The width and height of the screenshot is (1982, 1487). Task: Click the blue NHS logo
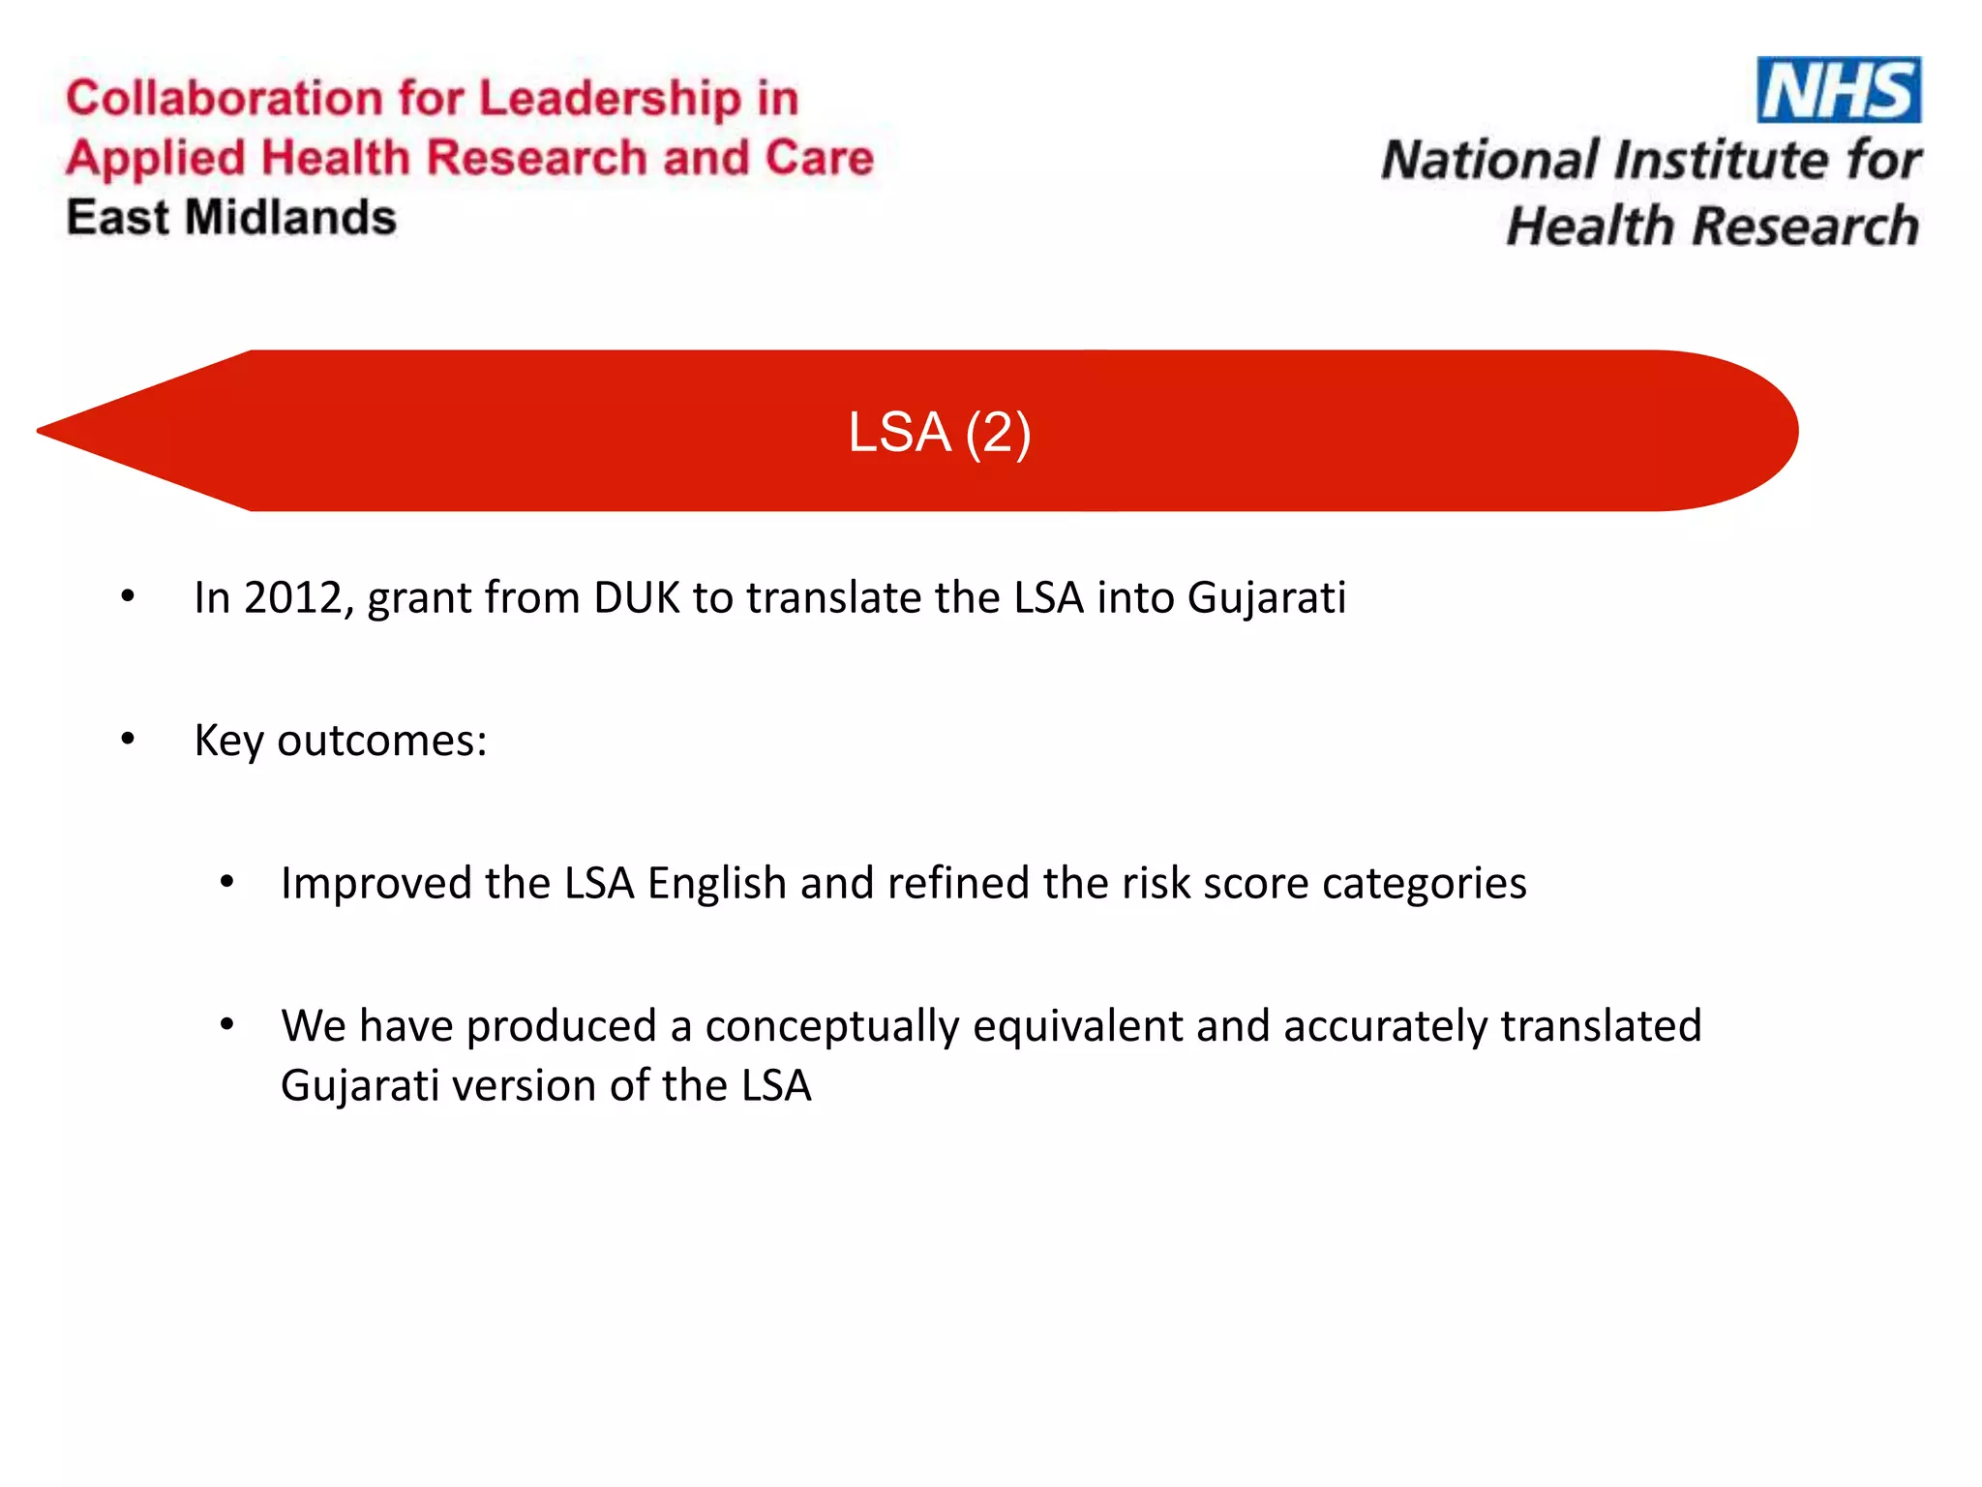[x=1838, y=90]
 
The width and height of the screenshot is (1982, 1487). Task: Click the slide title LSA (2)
[x=939, y=432]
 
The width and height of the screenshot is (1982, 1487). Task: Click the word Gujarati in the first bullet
[x=1266, y=597]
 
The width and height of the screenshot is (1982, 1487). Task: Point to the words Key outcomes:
[x=341, y=741]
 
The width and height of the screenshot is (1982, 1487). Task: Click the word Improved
[x=376, y=883]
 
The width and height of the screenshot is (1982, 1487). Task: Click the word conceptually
[x=831, y=1026]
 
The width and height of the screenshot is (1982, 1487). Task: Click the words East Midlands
[x=231, y=217]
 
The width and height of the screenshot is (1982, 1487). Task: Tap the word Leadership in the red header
[x=610, y=99]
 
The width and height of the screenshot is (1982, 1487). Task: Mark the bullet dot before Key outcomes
[x=128, y=741]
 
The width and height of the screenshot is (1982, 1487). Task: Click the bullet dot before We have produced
[x=226, y=1024]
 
